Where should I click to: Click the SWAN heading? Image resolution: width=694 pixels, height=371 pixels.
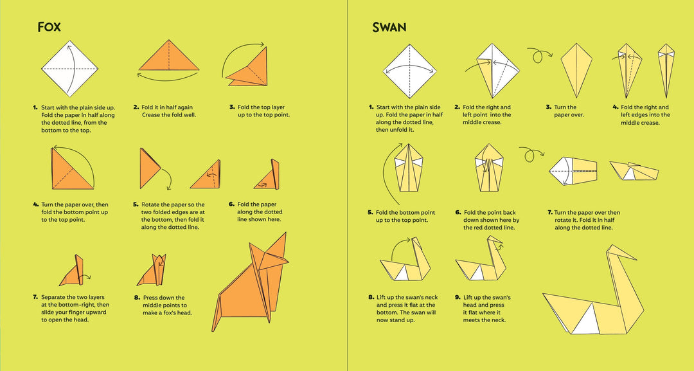click(x=389, y=28)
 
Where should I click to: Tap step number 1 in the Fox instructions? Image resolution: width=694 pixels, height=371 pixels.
click(x=35, y=107)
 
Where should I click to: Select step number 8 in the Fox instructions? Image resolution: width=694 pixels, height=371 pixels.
click(x=137, y=298)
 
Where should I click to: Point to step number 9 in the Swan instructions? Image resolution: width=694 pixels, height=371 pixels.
click(x=458, y=298)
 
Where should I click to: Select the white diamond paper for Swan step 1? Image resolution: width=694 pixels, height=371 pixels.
click(x=410, y=69)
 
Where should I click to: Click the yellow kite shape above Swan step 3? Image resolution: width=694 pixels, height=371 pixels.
click(x=576, y=68)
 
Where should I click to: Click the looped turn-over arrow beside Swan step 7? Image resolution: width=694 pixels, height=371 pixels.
click(x=529, y=156)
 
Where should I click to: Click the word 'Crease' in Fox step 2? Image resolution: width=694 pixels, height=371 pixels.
click(x=152, y=115)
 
